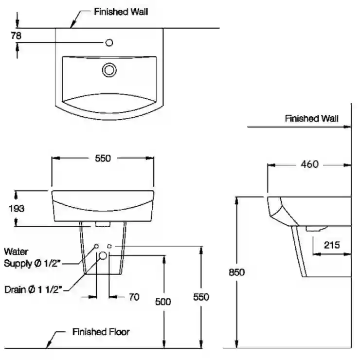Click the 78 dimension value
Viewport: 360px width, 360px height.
16,36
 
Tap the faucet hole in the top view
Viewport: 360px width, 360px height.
109,43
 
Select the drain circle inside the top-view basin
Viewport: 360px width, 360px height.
109,70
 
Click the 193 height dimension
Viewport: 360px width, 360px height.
17,209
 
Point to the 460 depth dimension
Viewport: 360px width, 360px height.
309,164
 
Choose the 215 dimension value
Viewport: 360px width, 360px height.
332,245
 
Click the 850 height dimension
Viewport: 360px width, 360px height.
237,272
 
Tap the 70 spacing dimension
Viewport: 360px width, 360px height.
134,297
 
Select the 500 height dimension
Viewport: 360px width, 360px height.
163,302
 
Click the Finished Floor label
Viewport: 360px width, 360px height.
101,332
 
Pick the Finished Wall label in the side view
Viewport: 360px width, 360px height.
311,119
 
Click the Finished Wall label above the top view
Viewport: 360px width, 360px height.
121,12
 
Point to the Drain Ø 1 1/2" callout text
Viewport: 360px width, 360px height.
33,289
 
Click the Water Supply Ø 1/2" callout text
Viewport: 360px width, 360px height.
32,257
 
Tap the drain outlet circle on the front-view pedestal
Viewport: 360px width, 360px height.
103,255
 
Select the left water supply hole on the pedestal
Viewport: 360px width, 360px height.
96,246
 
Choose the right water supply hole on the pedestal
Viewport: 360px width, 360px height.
109,246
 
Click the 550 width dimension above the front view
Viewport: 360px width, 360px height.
103,158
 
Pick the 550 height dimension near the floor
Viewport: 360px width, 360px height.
201,297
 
